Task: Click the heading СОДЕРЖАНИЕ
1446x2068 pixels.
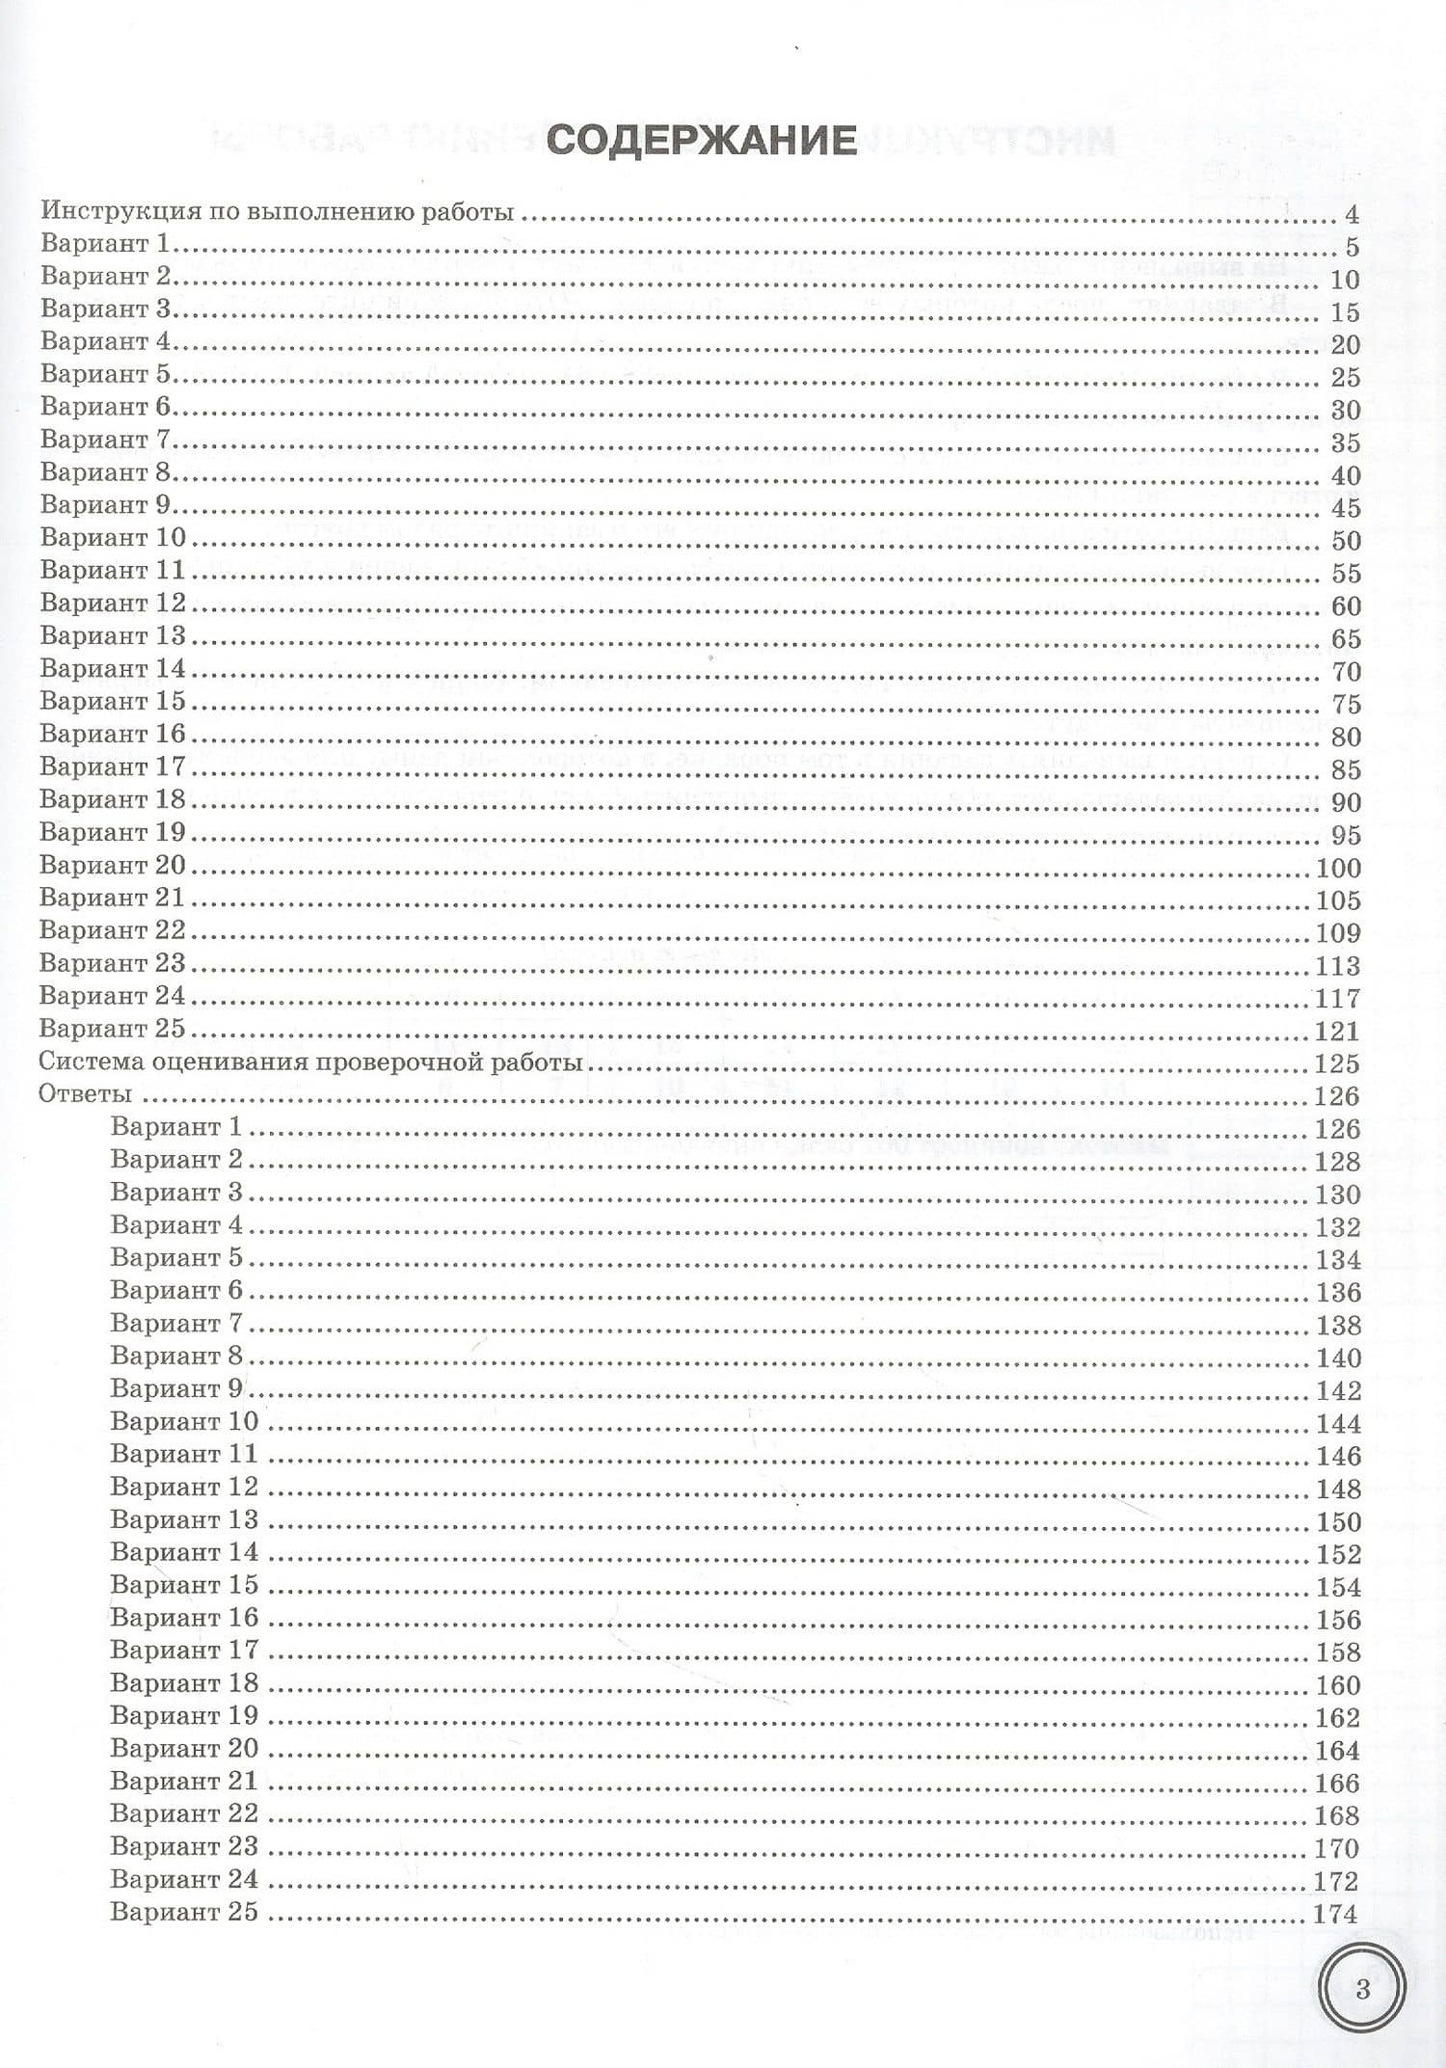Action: (x=701, y=141)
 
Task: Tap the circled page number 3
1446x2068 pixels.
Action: (x=1362, y=1988)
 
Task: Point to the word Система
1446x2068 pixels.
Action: (x=94, y=1062)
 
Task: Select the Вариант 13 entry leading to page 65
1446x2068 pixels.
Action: (x=113, y=636)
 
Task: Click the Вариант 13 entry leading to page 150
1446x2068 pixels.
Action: (x=184, y=1520)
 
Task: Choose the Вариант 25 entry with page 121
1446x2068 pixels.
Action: (x=113, y=1029)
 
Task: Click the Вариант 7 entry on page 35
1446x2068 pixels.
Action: (x=105, y=440)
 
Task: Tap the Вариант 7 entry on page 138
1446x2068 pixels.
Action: (x=176, y=1324)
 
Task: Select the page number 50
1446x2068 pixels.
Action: (x=1345, y=540)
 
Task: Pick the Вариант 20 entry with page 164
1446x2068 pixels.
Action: (x=184, y=1749)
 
